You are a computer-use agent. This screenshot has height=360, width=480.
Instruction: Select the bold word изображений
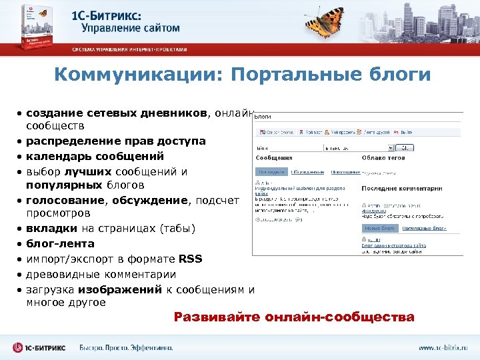tap(119, 289)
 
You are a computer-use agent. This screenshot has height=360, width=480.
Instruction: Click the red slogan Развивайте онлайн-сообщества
tap(294, 317)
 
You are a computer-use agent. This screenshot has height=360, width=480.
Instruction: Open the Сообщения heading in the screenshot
tap(275, 158)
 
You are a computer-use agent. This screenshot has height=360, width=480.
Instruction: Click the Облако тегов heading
tap(384, 158)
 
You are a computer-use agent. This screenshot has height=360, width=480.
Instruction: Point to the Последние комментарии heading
tap(401, 189)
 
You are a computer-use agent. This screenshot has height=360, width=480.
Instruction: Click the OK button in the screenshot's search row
tap(405, 147)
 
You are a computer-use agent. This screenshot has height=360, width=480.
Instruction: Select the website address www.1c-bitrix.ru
tap(443, 348)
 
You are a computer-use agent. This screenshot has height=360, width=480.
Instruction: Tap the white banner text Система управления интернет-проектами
tap(130, 49)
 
